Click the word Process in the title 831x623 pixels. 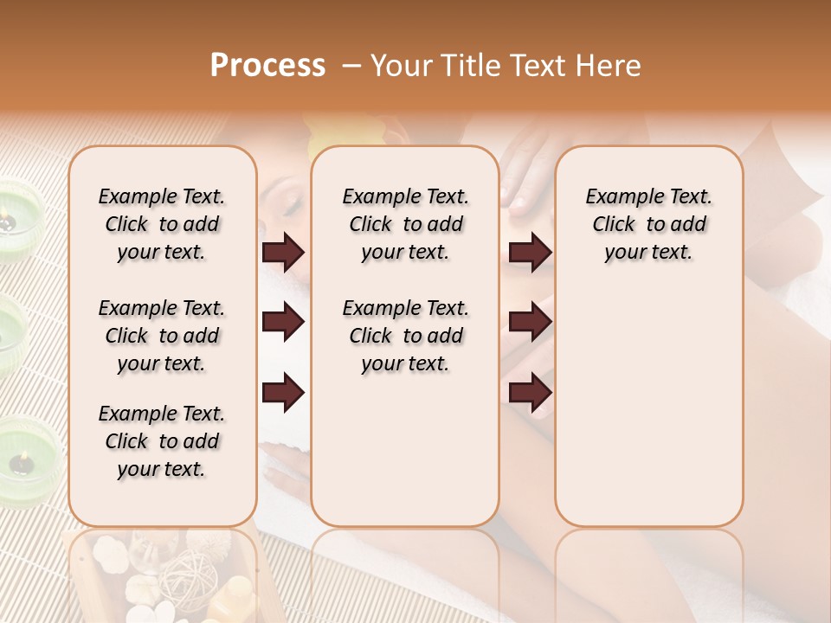[267, 66]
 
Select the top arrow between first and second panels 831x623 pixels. [283, 253]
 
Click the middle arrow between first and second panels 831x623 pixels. [283, 323]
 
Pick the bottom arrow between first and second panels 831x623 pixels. [283, 392]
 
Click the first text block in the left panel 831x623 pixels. [162, 224]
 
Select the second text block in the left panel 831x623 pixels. [162, 336]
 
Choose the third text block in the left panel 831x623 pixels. [162, 441]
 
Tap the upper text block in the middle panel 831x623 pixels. [405, 224]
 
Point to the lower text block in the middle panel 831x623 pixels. [405, 336]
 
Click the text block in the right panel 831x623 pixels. [648, 224]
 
